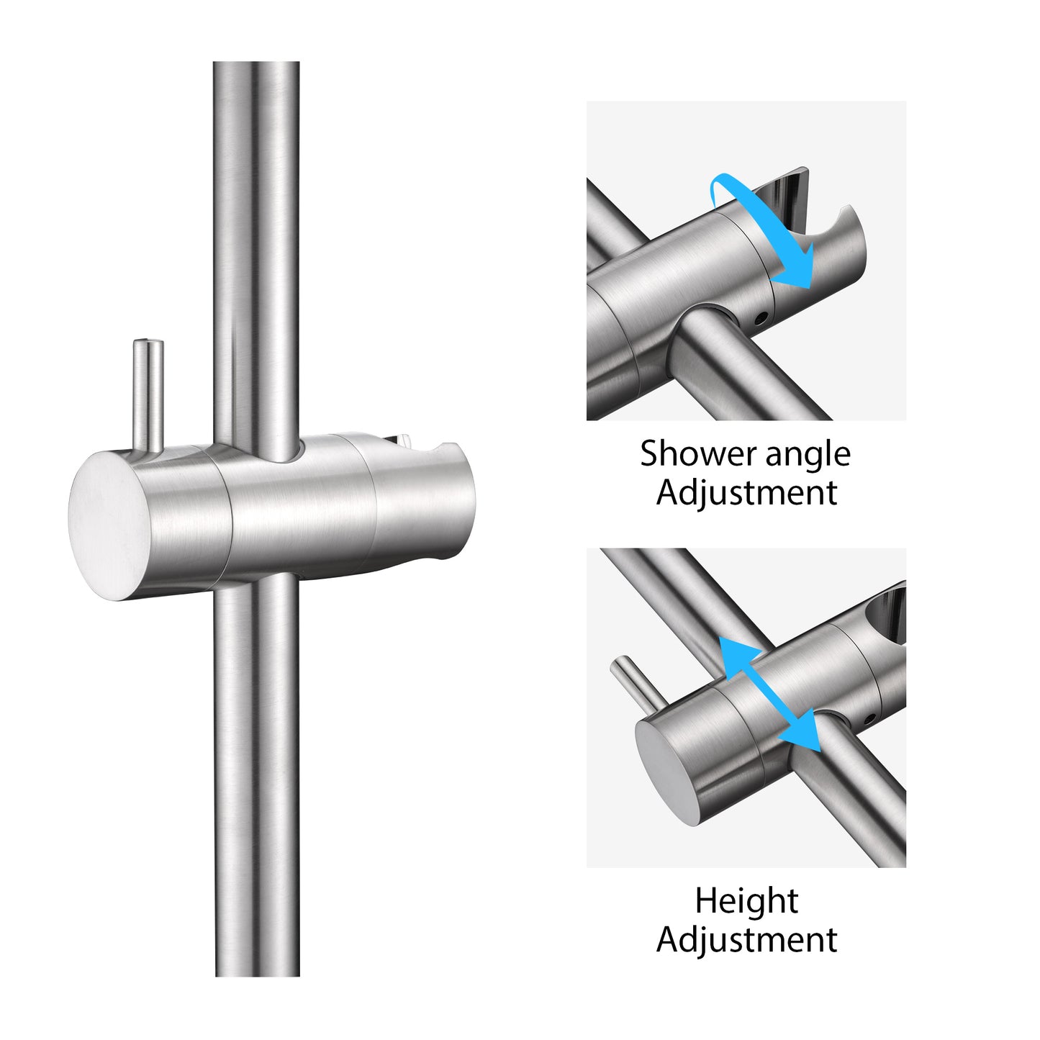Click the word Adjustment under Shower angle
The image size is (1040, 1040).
click(746, 494)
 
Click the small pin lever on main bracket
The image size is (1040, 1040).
click(148, 397)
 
